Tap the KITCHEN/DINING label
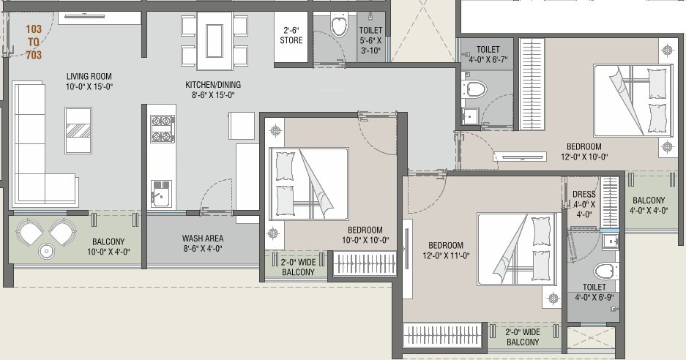(x=212, y=90)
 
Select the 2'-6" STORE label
(x=291, y=36)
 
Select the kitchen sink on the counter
(x=160, y=195)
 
